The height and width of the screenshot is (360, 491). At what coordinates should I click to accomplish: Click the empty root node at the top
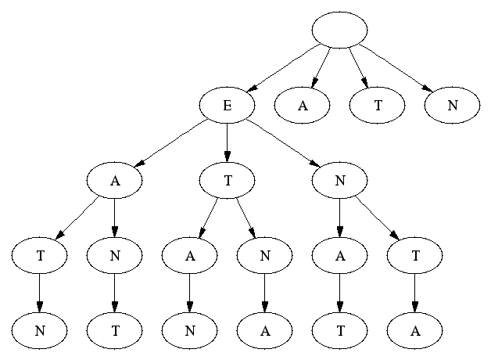[339, 30]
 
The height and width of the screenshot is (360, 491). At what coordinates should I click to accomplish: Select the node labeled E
[227, 106]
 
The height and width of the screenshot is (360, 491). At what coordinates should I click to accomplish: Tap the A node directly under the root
[302, 106]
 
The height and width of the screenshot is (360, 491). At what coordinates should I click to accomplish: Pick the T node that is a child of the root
[377, 106]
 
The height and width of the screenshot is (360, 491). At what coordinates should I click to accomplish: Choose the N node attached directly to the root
[452, 106]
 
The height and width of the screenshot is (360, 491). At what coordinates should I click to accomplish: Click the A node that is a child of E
[114, 181]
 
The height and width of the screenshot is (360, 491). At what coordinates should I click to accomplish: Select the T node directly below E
[227, 181]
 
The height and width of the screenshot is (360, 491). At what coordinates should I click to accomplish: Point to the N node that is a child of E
[339, 181]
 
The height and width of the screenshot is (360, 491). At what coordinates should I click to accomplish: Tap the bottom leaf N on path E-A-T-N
[39, 330]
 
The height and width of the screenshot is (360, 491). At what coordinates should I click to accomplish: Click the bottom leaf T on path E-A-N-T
[114, 330]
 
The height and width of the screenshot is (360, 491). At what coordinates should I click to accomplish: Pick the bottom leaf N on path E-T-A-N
[189, 330]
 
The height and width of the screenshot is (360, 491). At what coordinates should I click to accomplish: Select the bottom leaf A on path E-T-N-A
[264, 330]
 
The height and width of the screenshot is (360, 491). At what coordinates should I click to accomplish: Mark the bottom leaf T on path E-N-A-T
[339, 330]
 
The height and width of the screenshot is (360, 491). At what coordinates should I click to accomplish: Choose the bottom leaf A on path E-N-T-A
[414, 330]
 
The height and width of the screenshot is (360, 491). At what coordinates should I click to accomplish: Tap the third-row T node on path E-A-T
[39, 255]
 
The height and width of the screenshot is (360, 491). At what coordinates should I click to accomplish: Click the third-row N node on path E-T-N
[264, 255]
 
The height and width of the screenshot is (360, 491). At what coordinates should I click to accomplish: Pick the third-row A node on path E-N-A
[339, 255]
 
